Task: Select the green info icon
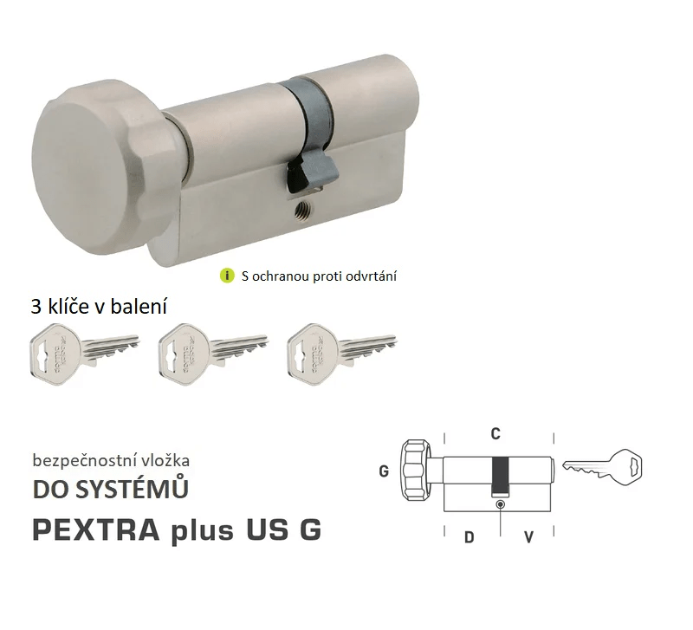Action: click(228, 276)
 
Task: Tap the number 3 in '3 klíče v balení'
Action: click(36, 306)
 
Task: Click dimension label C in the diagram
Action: click(496, 432)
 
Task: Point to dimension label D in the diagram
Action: click(469, 537)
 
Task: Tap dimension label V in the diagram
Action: click(528, 537)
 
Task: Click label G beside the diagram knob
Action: click(384, 472)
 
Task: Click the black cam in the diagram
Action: click(501, 473)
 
